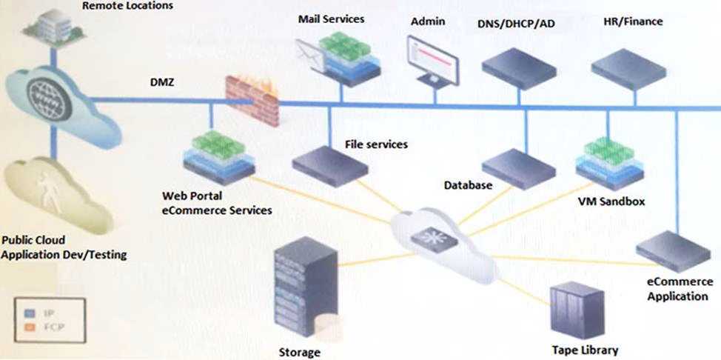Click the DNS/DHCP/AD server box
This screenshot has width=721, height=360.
(x=519, y=67)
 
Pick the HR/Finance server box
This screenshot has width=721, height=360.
(x=628, y=67)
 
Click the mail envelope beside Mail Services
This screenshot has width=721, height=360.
(x=309, y=54)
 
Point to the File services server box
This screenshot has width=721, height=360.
(x=329, y=162)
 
